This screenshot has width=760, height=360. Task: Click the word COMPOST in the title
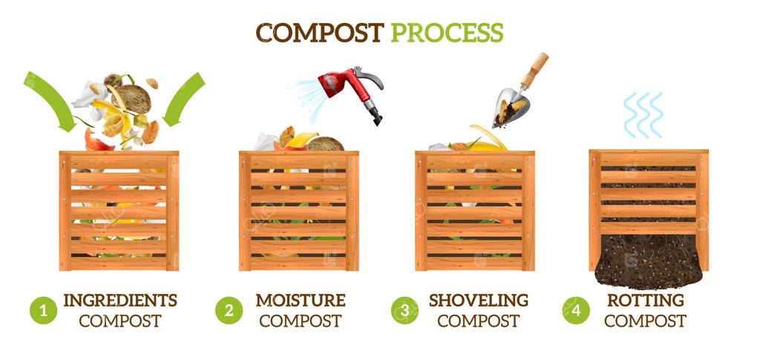tap(320, 33)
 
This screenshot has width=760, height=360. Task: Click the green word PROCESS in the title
tap(448, 33)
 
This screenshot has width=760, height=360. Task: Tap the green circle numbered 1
tap(43, 310)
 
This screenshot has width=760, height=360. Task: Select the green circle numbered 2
tap(229, 310)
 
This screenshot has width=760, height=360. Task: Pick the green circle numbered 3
tap(404, 310)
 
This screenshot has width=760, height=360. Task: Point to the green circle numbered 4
tap(576, 310)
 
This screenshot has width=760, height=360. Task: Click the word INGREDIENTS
tap(120, 301)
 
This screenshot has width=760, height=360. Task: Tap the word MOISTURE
tap(301, 301)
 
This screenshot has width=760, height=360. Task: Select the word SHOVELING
tap(479, 301)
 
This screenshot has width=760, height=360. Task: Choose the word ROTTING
tap(646, 301)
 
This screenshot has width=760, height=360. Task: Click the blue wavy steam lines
tap(643, 115)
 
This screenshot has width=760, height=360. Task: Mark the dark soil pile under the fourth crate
tap(648, 261)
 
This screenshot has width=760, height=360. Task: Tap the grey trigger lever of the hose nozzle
tap(370, 76)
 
